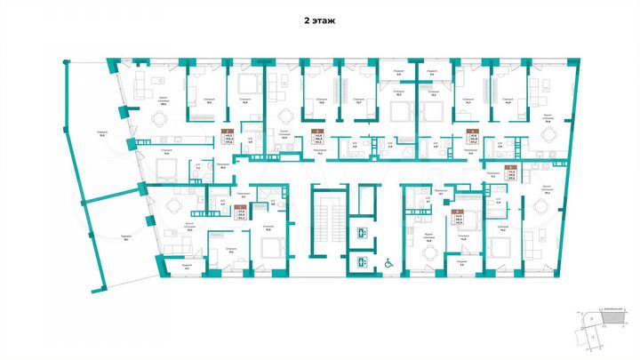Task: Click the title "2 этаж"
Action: pos(319,17)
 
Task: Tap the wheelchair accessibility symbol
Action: pos(388,262)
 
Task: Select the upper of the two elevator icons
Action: pos(361,232)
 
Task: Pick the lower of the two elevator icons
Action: pos(361,262)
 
